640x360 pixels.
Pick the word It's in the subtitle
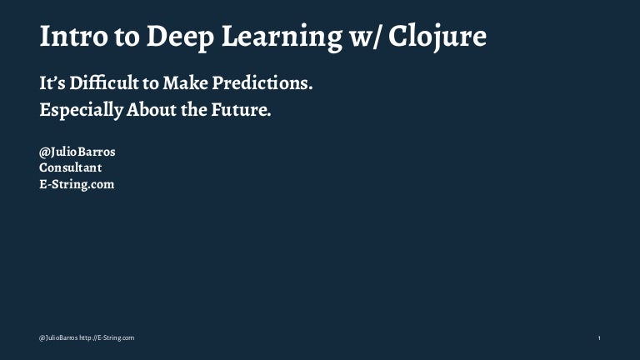point(54,83)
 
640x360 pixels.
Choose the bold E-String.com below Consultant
point(77,184)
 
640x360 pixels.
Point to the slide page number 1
point(600,337)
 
